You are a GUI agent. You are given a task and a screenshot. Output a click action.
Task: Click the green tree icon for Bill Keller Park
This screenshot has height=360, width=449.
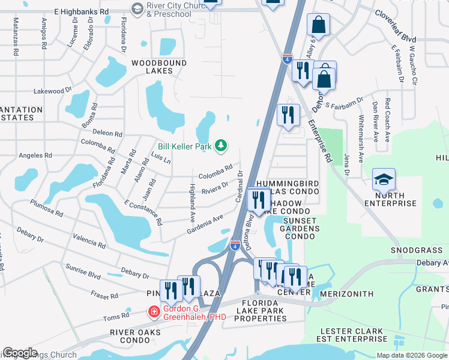(x=221, y=145)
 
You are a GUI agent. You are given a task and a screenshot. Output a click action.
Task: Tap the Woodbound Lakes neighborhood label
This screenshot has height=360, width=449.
(x=152, y=67)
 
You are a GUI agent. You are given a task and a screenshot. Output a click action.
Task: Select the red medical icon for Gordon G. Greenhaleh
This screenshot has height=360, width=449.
(x=154, y=312)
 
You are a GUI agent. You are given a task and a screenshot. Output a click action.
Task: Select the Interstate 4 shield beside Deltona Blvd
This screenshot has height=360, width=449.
(x=236, y=244)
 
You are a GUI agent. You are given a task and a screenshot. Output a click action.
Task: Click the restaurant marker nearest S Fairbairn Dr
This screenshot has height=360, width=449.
(x=288, y=115)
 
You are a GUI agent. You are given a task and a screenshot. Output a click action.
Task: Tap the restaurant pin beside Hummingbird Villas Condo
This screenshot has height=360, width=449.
(x=259, y=200)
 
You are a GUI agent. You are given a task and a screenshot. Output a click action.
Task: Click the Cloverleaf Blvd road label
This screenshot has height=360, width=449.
(x=396, y=26)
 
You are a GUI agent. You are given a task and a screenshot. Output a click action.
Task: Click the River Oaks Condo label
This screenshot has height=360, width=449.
(x=135, y=336)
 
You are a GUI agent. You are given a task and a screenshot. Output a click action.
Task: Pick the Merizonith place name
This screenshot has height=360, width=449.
(x=347, y=294)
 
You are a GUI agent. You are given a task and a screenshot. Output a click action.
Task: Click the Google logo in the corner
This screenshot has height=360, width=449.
(x=20, y=353)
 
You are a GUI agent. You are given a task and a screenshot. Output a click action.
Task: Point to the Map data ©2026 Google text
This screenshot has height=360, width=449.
(x=411, y=355)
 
